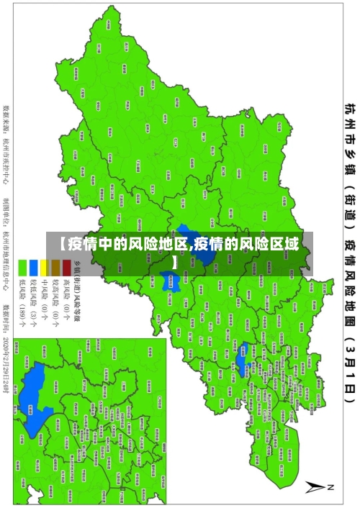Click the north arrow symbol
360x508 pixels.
pyautogui.click(x=315, y=487)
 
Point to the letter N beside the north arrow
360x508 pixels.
pyautogui.click(x=331, y=487)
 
